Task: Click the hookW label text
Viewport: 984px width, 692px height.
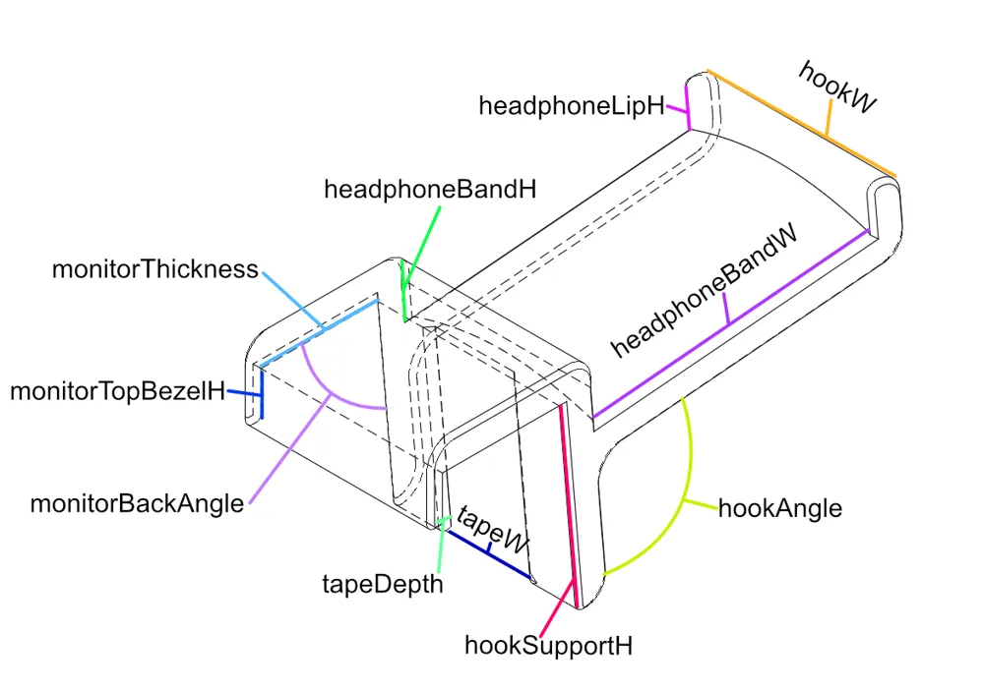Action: [836, 87]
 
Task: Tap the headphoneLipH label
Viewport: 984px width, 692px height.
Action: [571, 106]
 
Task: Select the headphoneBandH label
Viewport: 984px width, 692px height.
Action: [430, 190]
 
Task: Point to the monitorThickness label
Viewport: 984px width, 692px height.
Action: [155, 269]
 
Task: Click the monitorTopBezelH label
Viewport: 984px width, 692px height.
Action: [117, 391]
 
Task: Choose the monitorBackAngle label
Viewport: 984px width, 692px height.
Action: [137, 503]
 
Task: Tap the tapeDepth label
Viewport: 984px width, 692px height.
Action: [383, 584]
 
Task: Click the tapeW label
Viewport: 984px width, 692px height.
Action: [493, 531]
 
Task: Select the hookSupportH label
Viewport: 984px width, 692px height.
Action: [548, 646]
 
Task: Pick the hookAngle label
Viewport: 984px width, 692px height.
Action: [780, 508]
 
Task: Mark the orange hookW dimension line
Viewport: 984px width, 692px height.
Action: [801, 124]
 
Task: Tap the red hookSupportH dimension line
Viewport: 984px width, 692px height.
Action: [568, 504]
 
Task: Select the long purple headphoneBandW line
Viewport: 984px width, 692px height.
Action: [730, 324]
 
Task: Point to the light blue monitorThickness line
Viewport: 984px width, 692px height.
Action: [319, 332]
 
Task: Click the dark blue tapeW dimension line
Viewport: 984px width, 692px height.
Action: [488, 553]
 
